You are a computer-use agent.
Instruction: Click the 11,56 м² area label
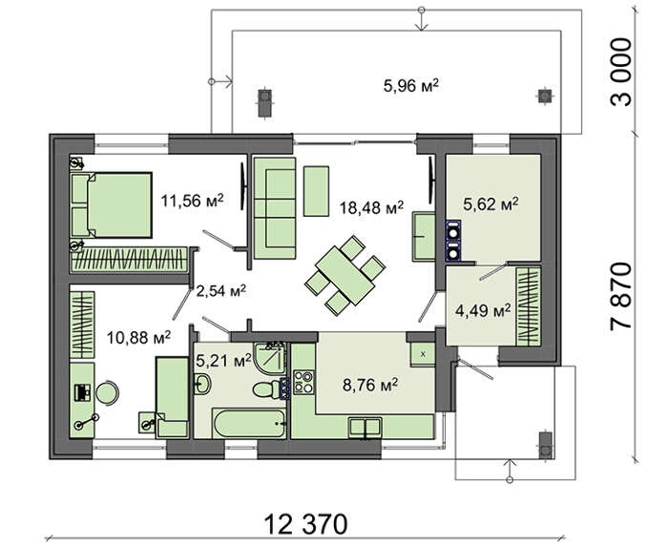(192, 200)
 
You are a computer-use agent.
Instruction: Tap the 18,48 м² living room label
(371, 207)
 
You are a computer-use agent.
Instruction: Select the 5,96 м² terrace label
(411, 86)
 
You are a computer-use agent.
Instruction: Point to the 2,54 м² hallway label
(220, 291)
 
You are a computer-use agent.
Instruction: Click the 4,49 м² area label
(483, 310)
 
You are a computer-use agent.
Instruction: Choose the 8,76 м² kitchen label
(370, 386)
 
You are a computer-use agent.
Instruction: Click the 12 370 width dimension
(305, 524)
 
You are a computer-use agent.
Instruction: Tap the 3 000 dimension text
(620, 72)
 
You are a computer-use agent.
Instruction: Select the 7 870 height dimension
(620, 295)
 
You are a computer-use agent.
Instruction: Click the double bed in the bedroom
(112, 204)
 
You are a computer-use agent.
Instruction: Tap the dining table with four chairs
(345, 275)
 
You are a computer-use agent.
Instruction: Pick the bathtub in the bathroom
(249, 423)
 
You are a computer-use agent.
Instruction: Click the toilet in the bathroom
(266, 390)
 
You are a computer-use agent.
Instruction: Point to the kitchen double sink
(365, 428)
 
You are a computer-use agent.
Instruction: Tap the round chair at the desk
(107, 391)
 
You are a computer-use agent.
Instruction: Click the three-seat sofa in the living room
(275, 208)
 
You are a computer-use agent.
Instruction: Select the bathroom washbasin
(202, 384)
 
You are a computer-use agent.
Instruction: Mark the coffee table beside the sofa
(316, 191)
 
